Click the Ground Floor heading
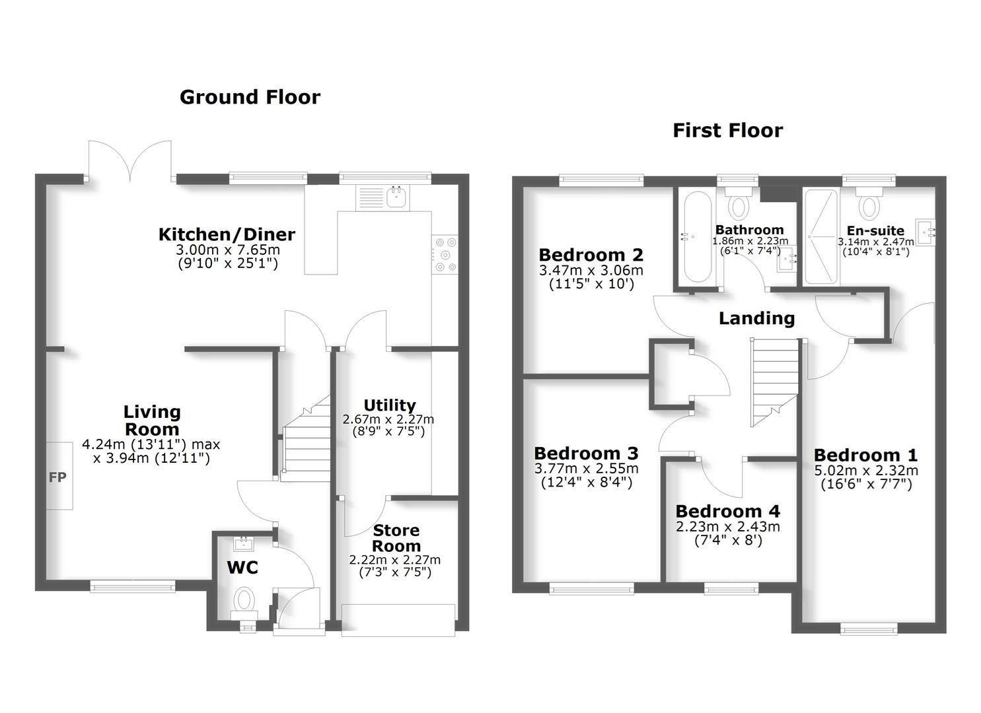[x=250, y=97]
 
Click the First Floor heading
[x=727, y=130]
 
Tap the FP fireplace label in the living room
[x=58, y=476]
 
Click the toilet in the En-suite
[x=869, y=202]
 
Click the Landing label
[x=756, y=318]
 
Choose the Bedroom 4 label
[x=727, y=512]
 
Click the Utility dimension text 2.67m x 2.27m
[x=388, y=419]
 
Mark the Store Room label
[x=396, y=538]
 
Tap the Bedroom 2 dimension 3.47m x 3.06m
[x=591, y=270]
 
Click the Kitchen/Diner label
[x=227, y=234]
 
